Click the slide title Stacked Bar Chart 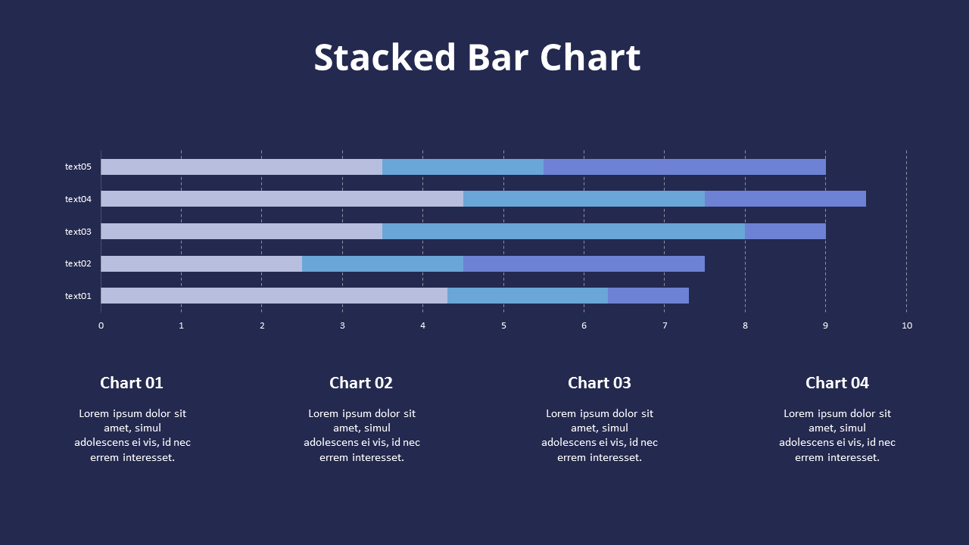(477, 58)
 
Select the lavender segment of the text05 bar (241, 167)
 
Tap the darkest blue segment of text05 (684, 167)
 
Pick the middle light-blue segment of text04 (584, 199)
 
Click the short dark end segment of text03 (785, 232)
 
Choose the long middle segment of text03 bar (563, 232)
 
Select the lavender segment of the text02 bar (201, 263)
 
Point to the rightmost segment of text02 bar (584, 263)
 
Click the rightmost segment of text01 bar (648, 296)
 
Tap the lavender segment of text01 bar (274, 296)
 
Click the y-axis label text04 (78, 199)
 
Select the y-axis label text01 (78, 296)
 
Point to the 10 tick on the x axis (906, 325)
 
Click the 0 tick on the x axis (101, 325)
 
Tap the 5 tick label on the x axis (503, 325)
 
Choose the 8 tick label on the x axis (745, 325)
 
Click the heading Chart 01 (132, 383)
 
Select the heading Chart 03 (599, 383)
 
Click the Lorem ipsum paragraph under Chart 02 (362, 435)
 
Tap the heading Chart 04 (837, 383)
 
